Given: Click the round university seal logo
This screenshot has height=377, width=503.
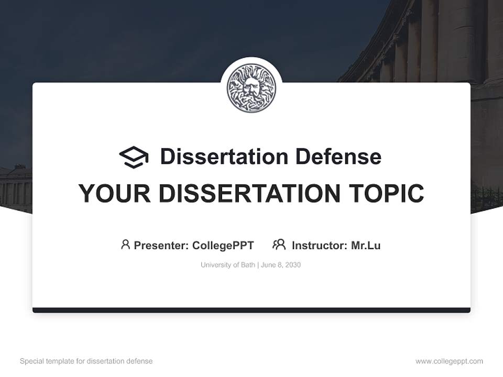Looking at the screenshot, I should coord(251,88).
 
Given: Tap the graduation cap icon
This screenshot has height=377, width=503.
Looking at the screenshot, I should coord(134,157).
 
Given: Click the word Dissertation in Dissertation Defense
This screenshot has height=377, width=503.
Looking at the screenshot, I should coord(224,157).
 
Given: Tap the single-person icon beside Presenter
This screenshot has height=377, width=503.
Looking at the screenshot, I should coord(125,245).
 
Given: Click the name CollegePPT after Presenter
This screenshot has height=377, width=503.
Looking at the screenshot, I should coord(223,245).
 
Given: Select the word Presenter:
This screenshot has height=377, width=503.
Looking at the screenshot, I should coord(161,245).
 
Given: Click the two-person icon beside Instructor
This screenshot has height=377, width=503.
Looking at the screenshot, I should coord(279,245).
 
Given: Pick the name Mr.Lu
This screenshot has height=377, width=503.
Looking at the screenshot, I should coord(366,245).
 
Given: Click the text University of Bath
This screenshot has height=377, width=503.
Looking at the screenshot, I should coord(227,265).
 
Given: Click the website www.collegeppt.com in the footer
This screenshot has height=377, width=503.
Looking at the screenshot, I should coord(449,361).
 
